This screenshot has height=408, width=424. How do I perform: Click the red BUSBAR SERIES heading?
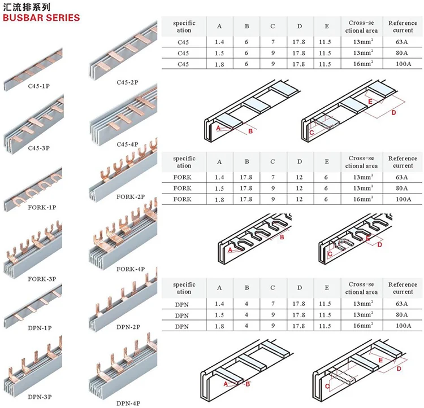pyautogui.click(x=41, y=17)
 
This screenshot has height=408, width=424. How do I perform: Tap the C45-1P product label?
pyautogui.click(x=39, y=86)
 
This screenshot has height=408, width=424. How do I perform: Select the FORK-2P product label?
pyautogui.click(x=131, y=197)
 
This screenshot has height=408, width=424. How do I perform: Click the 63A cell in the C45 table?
pyautogui.click(x=403, y=42)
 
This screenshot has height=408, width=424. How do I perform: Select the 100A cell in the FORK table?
pyautogui.click(x=403, y=200)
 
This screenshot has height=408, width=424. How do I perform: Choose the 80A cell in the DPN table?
pyautogui.click(x=403, y=315)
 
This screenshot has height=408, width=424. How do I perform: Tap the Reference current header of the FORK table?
pyautogui.click(x=403, y=162)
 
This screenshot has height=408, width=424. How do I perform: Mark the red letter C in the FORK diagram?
pyautogui.click(x=330, y=254)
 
